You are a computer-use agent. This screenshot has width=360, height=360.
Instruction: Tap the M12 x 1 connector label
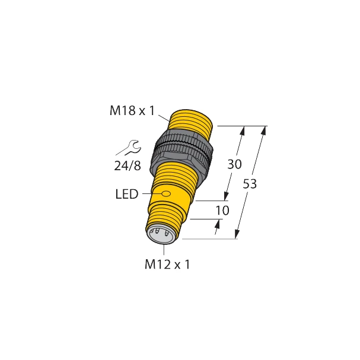pos(167,265)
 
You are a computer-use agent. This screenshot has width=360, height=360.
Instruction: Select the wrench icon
pos(130,147)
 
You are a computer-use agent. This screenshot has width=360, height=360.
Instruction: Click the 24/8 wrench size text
pos(128,166)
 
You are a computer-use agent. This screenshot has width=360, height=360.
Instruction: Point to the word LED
pos(127,194)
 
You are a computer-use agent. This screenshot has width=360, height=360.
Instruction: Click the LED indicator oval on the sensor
pos(166,193)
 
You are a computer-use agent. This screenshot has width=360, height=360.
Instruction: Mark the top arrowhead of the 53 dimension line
pos(263,131)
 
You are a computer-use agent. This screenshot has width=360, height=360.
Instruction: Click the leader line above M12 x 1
pos(162,249)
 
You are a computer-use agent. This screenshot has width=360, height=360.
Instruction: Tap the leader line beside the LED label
pos(150,193)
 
